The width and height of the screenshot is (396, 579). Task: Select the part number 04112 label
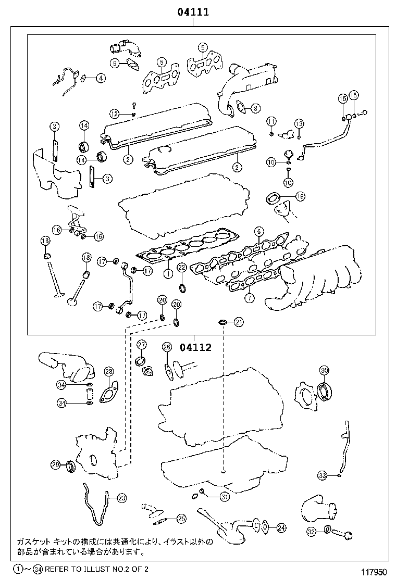[196, 347]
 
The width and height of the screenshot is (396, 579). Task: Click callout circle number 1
[168, 272]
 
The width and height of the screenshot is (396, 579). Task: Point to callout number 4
[100, 79]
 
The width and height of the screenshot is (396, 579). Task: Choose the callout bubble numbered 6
[257, 231]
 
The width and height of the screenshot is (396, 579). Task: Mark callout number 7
[250, 298]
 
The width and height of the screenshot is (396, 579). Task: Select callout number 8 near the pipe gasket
[255, 108]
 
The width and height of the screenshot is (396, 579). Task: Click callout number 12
[114, 113]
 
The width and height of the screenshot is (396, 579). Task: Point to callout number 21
[239, 322]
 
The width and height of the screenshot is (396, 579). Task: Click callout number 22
[181, 268]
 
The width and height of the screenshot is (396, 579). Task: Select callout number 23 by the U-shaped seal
[121, 498]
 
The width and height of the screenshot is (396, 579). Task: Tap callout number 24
[281, 527]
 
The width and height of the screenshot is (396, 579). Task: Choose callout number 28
[108, 371]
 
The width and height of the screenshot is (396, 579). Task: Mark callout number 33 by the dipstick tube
[323, 475]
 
